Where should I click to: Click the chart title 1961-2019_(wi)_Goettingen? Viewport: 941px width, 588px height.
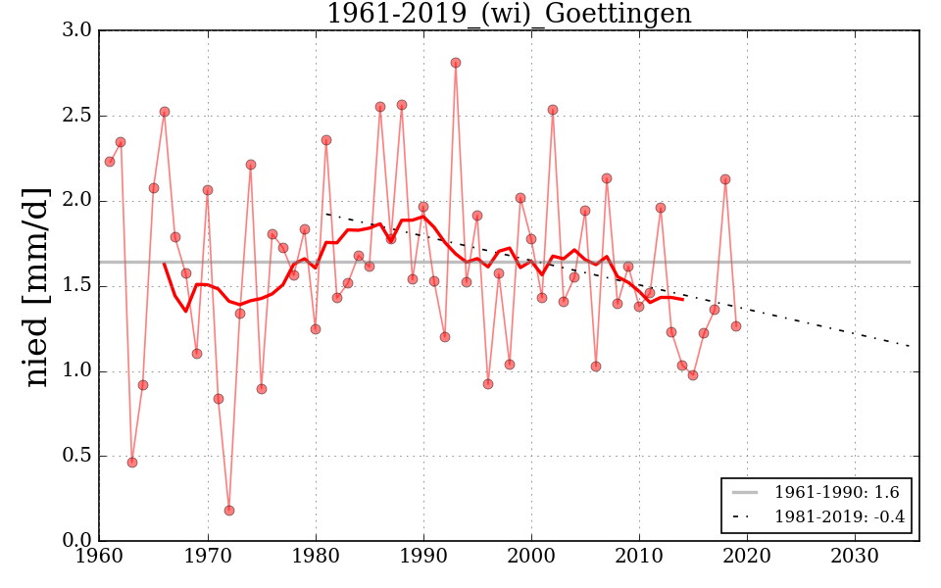[509, 15]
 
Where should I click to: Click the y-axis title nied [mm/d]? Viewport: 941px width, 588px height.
[36, 286]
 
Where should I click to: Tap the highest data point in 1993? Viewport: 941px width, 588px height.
[456, 63]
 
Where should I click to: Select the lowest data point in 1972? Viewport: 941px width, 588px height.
[229, 511]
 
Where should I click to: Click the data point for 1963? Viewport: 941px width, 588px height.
[132, 463]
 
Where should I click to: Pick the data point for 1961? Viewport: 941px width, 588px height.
[110, 162]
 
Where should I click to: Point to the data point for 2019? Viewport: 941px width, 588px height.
[736, 326]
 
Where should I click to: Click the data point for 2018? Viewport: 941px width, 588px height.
[725, 179]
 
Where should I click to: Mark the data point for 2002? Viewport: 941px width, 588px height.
[553, 110]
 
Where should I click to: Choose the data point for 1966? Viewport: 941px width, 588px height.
[165, 112]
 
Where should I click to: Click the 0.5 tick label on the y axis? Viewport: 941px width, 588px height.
[78, 456]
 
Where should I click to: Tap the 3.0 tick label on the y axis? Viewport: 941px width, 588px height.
[78, 30]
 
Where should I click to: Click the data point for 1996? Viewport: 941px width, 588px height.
[488, 384]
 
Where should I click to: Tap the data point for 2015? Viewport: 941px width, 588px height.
[693, 375]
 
